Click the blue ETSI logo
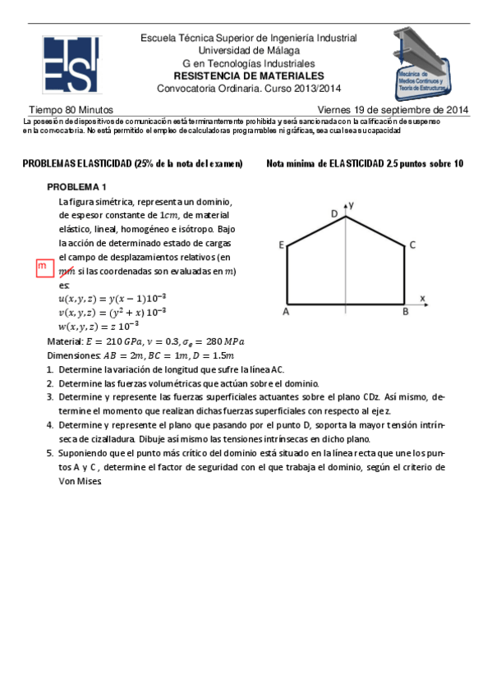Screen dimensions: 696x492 [71, 65]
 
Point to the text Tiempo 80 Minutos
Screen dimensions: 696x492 [71, 110]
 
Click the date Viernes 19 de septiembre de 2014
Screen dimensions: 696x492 [393, 110]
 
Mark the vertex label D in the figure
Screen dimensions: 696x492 [334, 213]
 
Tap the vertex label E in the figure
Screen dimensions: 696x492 [282, 245]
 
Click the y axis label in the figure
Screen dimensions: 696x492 [351, 202]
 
